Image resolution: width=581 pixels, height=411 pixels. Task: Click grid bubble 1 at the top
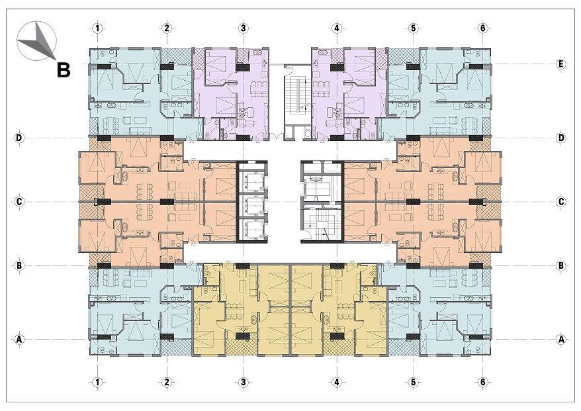coord(97,28)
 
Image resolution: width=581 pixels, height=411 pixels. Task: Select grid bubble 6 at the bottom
coord(482,382)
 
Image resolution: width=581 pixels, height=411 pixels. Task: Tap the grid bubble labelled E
coord(561,64)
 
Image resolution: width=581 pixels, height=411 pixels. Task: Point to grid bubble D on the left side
coord(19,138)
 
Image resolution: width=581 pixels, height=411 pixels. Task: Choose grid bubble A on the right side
coord(561,339)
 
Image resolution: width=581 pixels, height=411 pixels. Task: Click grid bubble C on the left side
coord(19,202)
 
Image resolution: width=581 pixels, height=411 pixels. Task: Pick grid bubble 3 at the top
coord(243,28)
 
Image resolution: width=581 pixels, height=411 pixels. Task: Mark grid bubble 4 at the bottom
coord(336,382)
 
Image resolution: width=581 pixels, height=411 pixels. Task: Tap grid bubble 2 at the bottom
coord(167,382)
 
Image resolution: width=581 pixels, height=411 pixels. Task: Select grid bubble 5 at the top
coord(413,28)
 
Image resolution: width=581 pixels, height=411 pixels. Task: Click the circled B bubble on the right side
coord(561,265)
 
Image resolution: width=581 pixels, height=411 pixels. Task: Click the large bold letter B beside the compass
coord(64,69)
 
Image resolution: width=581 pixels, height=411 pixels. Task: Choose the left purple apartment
coord(230,94)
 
